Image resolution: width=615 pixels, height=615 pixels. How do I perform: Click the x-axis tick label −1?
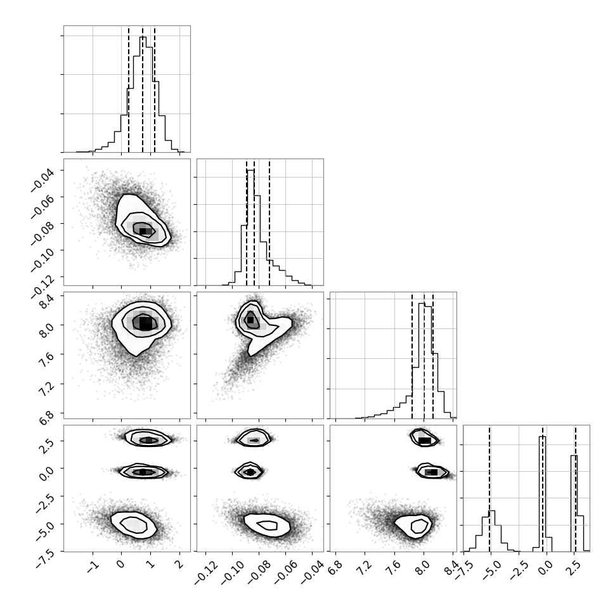pyautogui.click(x=93, y=566)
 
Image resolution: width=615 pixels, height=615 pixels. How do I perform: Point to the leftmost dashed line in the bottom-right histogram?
pyautogui.click(x=489, y=488)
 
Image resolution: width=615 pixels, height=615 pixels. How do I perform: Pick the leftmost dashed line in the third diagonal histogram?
pyautogui.click(x=412, y=355)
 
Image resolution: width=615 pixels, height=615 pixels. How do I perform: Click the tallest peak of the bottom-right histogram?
pyautogui.click(x=543, y=437)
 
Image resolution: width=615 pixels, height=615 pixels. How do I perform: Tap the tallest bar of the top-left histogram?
pyautogui.click(x=143, y=37)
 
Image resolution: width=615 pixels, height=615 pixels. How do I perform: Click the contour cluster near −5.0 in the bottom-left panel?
pyautogui.click(x=134, y=525)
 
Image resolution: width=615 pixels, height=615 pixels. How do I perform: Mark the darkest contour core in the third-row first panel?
pyautogui.click(x=145, y=324)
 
